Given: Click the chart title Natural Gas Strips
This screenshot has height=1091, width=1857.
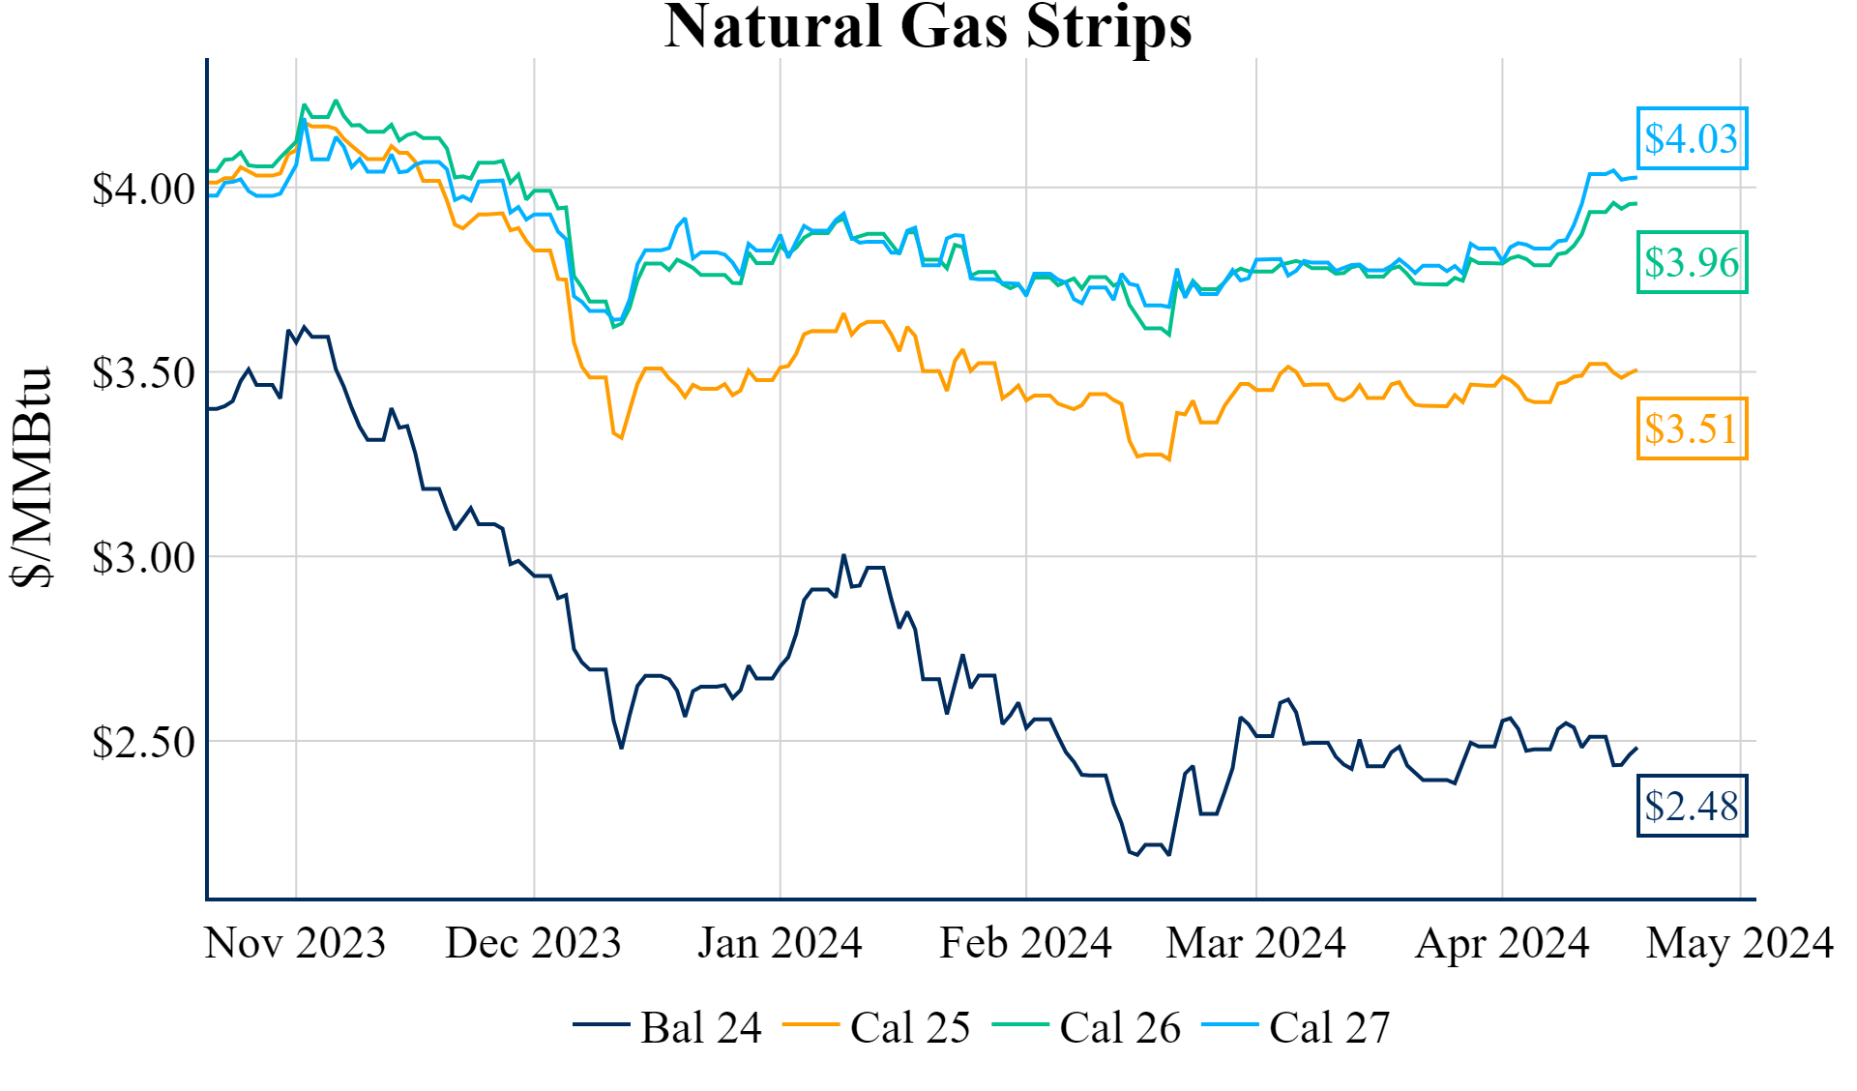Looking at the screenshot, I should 928,27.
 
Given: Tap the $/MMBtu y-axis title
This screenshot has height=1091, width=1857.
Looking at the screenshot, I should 31,478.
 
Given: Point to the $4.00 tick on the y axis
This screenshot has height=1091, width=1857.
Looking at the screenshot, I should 143,189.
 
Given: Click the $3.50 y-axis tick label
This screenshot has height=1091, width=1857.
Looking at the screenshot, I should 143,372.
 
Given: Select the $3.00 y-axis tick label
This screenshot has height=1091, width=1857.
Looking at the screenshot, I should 143,557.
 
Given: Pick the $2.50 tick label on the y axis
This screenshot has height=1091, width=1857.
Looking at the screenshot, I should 143,742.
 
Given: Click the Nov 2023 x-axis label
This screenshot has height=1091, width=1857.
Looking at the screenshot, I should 295,943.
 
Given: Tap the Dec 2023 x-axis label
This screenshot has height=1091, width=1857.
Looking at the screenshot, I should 533,943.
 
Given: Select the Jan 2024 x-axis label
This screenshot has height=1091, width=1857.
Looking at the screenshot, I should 780,943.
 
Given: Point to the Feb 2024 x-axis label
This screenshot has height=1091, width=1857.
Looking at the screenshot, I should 1025,943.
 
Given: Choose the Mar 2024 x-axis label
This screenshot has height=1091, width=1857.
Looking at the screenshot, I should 1255,943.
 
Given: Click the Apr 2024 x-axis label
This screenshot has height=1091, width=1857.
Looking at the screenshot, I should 1502,943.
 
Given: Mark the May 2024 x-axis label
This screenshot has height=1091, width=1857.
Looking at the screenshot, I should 1739,943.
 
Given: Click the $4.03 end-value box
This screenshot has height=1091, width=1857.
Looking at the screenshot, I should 1692,138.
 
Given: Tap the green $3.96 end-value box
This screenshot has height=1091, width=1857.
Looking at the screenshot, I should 1692,262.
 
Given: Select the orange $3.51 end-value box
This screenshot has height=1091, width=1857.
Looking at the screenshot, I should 1692,428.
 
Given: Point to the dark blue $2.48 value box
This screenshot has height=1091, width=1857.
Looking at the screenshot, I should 1692,806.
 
